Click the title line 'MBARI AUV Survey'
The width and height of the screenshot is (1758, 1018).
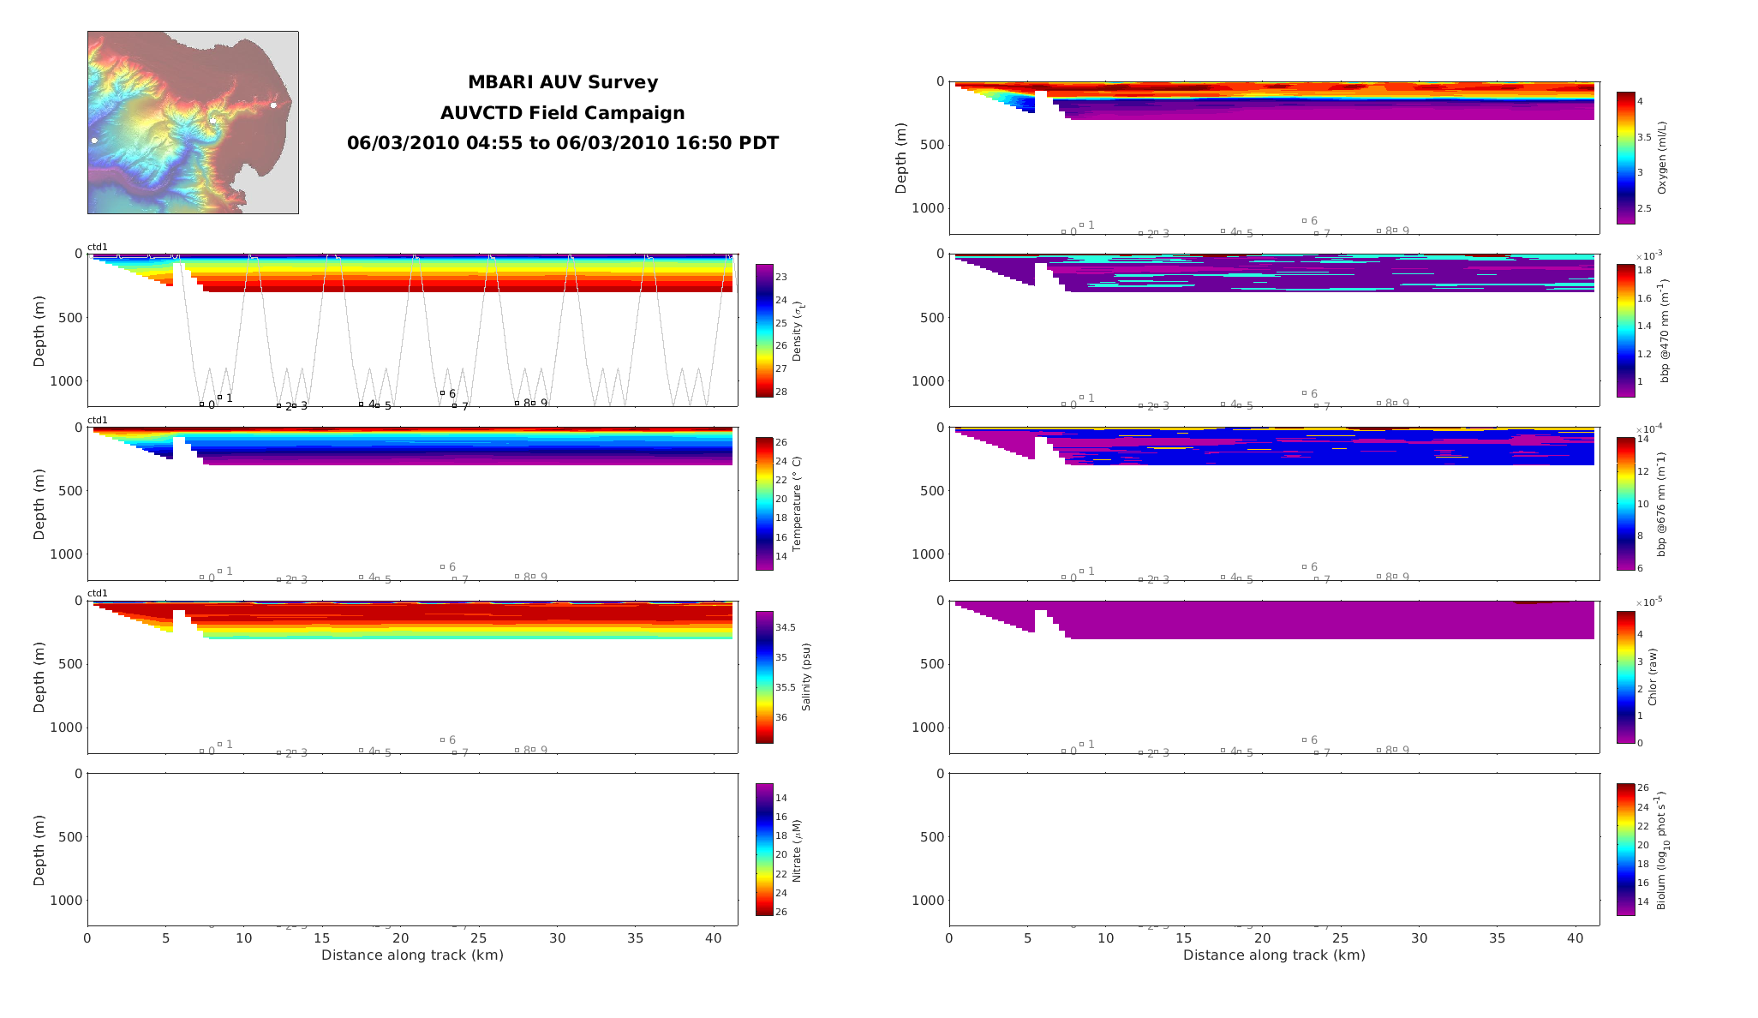pos(562,82)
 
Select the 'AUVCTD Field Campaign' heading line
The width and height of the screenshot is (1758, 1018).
pos(562,113)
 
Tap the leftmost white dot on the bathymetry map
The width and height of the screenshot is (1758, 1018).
pos(94,141)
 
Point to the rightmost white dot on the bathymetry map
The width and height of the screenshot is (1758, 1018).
pos(274,105)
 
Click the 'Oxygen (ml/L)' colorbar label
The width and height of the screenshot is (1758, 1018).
pos(1662,158)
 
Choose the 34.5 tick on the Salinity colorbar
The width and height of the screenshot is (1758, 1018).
pos(786,628)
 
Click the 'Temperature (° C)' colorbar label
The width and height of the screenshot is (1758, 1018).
pos(797,504)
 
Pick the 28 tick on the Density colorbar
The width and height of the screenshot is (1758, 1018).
pos(781,392)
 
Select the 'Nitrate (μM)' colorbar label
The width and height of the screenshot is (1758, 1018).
pos(797,851)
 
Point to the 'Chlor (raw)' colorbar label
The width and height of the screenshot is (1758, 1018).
pos(1653,677)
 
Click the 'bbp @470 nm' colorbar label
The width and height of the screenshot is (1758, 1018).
pos(1665,331)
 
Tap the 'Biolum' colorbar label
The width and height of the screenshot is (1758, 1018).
pos(1663,850)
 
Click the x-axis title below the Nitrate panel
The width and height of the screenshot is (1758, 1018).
pos(412,955)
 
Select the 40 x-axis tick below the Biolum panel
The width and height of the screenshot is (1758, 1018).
pos(1576,938)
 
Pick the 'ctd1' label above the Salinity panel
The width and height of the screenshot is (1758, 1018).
pos(98,593)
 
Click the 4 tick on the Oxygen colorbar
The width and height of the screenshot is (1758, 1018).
pos(1640,101)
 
